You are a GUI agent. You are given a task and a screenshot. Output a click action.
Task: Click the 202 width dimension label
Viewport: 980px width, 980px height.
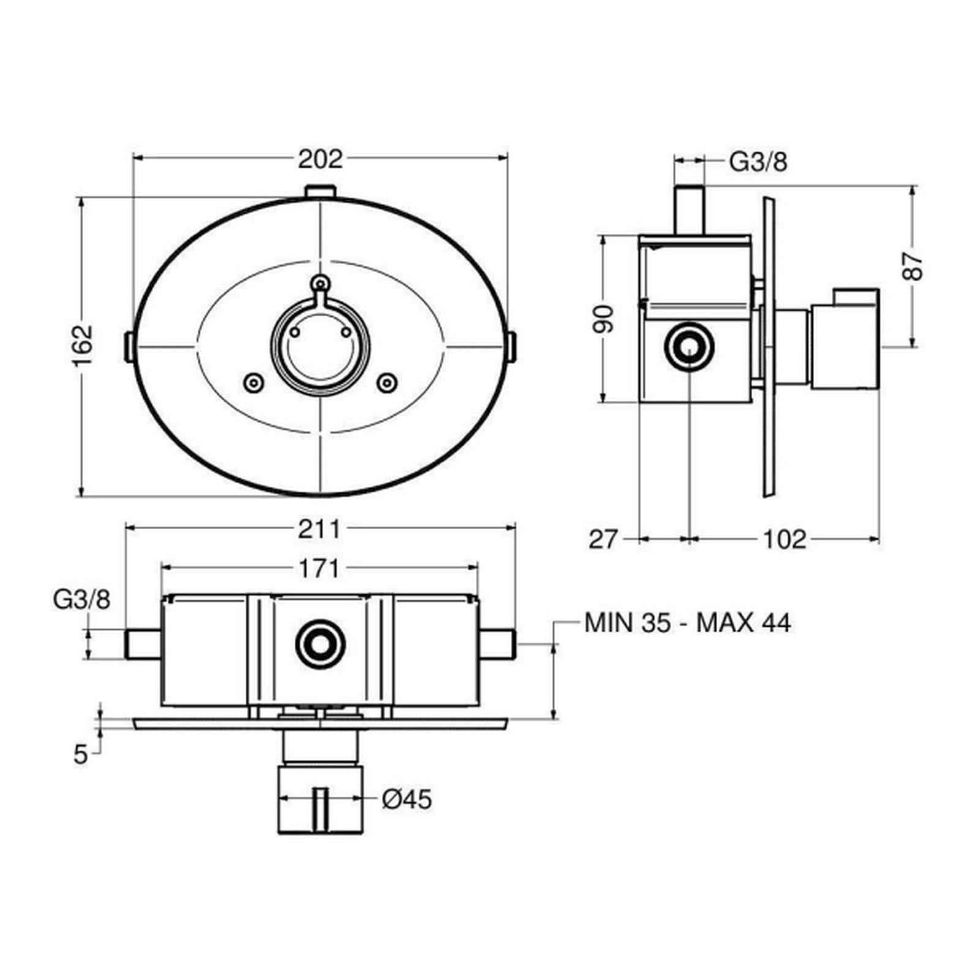320,159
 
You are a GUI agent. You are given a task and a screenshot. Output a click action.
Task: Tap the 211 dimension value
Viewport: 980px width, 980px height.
319,529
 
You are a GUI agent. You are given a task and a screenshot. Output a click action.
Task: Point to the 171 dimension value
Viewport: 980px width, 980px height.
319,569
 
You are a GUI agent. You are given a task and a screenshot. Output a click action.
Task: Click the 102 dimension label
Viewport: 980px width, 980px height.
785,540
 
